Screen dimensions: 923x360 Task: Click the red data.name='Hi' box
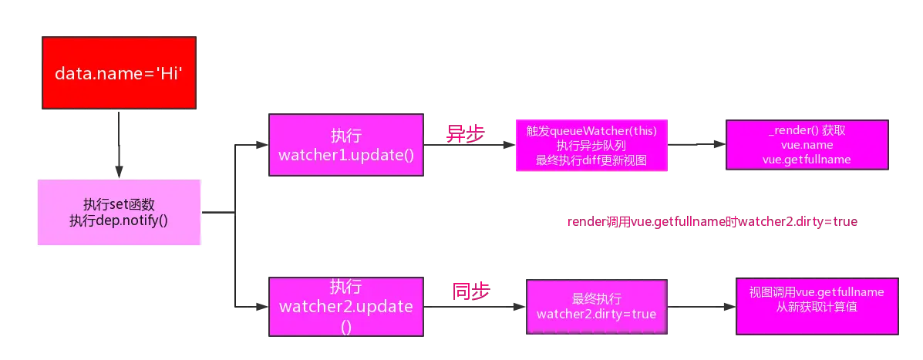119,73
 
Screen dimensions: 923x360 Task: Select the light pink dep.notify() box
119,212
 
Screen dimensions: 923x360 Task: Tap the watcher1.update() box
345,145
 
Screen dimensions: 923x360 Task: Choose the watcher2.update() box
345,307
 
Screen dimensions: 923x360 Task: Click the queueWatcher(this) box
591,145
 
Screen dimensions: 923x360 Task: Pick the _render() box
807,145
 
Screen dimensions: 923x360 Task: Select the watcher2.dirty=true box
596,307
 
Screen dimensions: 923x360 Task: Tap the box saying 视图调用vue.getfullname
817,307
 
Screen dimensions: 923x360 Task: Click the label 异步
465,133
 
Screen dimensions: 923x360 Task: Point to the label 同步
471,291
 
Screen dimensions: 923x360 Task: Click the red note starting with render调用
712,222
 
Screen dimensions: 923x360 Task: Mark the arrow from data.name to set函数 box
119,144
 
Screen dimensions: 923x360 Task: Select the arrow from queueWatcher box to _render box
696,144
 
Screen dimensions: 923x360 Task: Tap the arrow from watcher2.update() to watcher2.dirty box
474,307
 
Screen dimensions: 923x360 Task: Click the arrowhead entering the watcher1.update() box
262,145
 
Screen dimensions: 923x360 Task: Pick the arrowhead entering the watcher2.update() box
262,307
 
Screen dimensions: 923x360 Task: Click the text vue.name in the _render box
807,145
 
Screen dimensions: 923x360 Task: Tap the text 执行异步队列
591,145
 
